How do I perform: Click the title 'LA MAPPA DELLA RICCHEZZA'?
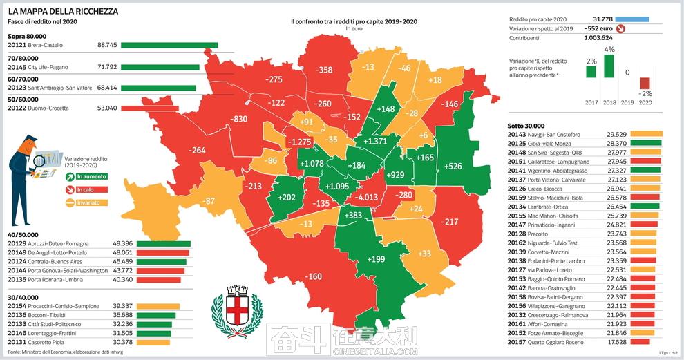coord(63,12)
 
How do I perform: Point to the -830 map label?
coord(239,119)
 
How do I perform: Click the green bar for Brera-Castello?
coord(169,46)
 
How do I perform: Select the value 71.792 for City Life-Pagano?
coord(108,67)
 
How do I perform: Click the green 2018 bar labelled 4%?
coord(609,66)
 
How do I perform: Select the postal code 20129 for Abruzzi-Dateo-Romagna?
coord(17,243)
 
